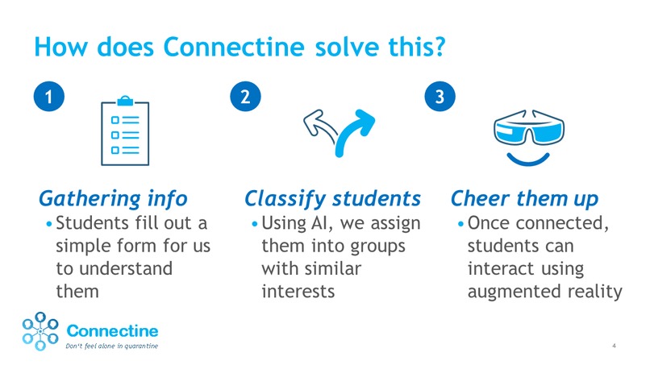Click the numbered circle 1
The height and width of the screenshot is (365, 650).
[x=49, y=97]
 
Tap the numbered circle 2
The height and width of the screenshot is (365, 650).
[x=245, y=97]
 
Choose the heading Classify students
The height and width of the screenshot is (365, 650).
[x=332, y=198]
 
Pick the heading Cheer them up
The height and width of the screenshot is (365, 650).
[x=525, y=198]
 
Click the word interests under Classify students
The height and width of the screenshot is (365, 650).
[x=298, y=290]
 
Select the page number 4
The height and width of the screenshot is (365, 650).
[x=615, y=346]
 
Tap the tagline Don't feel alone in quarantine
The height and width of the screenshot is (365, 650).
[x=111, y=347]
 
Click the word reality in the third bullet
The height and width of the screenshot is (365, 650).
[x=597, y=290]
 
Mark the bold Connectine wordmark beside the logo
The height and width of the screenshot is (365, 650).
[x=111, y=330]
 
